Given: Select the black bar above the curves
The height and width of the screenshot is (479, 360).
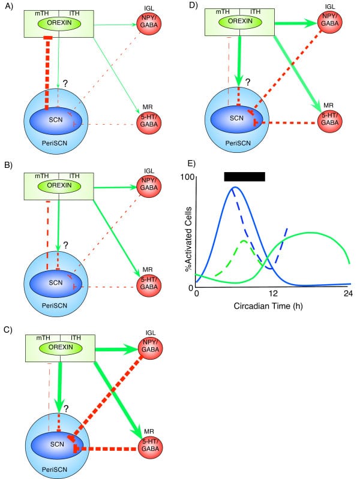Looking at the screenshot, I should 244,176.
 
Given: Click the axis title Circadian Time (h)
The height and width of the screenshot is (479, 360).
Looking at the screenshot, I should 272,305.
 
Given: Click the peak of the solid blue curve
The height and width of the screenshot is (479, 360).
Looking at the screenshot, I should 235,188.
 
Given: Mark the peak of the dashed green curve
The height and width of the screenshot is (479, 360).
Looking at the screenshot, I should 244,241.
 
